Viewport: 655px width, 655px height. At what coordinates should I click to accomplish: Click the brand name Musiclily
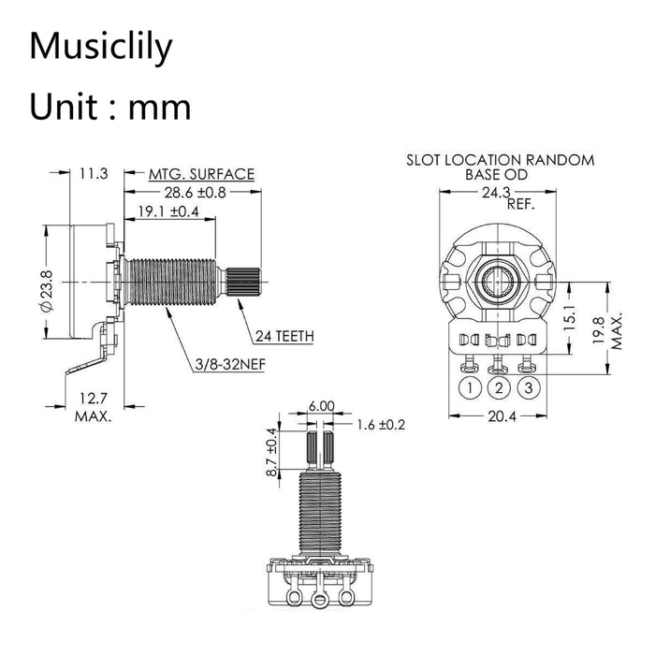pyautogui.click(x=101, y=46)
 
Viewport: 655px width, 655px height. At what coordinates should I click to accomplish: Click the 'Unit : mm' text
pyautogui.click(x=110, y=106)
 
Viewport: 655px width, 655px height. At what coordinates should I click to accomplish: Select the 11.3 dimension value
pyautogui.click(x=95, y=174)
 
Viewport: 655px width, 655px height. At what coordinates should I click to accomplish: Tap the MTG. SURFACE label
pyautogui.click(x=201, y=174)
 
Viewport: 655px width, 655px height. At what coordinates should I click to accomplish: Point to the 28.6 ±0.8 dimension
pyautogui.click(x=196, y=193)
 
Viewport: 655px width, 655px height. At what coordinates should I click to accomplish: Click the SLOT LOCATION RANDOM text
pyautogui.click(x=500, y=160)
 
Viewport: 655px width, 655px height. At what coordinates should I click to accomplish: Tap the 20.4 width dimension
pyautogui.click(x=502, y=418)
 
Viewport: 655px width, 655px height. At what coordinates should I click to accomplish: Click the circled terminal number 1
pyautogui.click(x=470, y=386)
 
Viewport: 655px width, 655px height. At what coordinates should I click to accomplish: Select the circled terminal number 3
pyautogui.click(x=530, y=386)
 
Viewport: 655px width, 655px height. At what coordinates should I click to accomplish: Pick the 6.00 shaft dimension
pyautogui.click(x=321, y=407)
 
